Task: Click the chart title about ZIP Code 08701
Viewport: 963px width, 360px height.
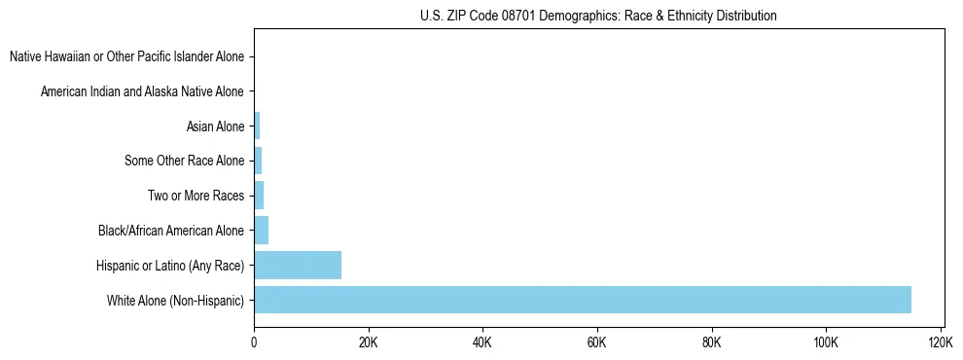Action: [x=597, y=16]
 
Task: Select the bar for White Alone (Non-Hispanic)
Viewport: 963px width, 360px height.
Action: [x=582, y=300]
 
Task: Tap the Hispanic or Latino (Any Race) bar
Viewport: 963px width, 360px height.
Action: [x=298, y=265]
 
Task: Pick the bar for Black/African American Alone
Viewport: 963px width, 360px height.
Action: [x=261, y=231]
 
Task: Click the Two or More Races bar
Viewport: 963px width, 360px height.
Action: [x=259, y=196]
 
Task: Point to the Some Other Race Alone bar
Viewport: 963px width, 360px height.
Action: [x=258, y=161]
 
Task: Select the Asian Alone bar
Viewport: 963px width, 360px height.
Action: [x=257, y=126]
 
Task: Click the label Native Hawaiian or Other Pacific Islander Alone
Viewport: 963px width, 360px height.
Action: [x=126, y=56]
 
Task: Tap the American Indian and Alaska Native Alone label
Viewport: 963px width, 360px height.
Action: [x=142, y=91]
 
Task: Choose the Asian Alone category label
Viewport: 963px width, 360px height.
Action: [x=215, y=126]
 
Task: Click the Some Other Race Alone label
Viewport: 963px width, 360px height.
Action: [x=185, y=161]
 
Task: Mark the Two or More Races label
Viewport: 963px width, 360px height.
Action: [x=196, y=196]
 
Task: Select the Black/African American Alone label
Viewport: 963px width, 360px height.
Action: [x=171, y=231]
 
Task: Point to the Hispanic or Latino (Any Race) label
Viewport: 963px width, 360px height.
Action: [x=170, y=266]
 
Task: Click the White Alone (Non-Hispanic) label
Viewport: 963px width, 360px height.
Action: [x=176, y=300]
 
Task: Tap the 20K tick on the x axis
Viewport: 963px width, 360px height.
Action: [x=368, y=343]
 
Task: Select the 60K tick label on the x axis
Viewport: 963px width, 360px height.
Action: [x=597, y=343]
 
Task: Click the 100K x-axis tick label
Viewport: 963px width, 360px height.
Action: [x=826, y=343]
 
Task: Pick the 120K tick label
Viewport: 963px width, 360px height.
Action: [x=941, y=343]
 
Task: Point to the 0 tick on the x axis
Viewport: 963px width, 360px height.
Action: [x=254, y=343]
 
